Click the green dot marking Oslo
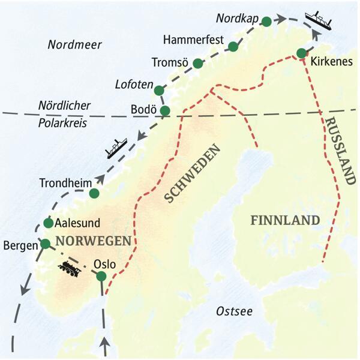101,276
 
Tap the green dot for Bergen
45,244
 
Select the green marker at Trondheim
94,193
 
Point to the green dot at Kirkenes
301,53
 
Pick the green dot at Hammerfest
233,46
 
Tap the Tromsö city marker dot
198,63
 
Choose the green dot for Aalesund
48,223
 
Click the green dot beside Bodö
165,110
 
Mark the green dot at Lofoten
159,91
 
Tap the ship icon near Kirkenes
318,19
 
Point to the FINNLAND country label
285,220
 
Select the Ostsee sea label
234,311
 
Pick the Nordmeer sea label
75,45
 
